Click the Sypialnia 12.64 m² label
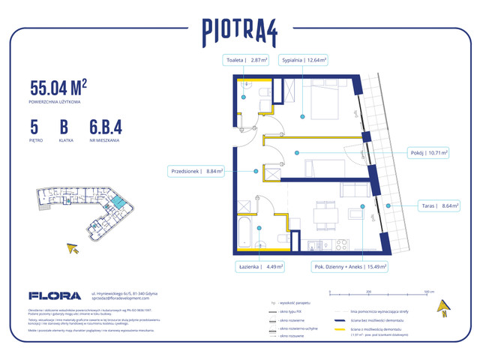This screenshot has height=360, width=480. [303, 61]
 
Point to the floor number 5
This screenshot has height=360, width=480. [34, 125]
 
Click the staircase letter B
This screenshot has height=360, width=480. [64, 125]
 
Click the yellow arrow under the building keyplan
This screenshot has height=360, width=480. [73, 248]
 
